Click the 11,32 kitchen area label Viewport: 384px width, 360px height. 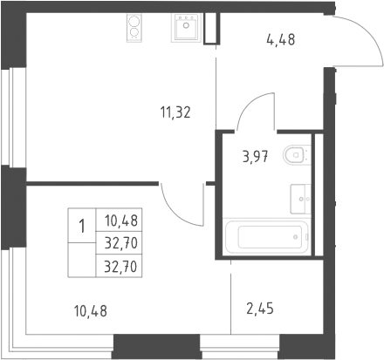175,112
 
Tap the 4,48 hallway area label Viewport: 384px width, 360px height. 280,39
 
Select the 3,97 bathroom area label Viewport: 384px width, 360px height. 255,157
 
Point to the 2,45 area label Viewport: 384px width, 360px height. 260,309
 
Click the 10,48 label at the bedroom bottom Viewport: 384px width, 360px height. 91,311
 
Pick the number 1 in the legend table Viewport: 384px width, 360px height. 82,226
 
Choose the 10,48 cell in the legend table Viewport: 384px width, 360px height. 121,221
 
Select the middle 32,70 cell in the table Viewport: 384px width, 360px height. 121,243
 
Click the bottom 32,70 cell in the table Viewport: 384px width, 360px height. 120,266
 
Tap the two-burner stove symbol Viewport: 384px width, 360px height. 134,28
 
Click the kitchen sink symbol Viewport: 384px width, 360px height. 186,27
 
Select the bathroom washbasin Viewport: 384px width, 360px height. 300,199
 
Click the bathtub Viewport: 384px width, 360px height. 267,237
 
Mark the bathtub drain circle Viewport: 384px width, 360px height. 296,237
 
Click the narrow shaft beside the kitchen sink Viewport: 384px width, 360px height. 210,29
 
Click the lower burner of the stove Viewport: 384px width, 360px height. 134,32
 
